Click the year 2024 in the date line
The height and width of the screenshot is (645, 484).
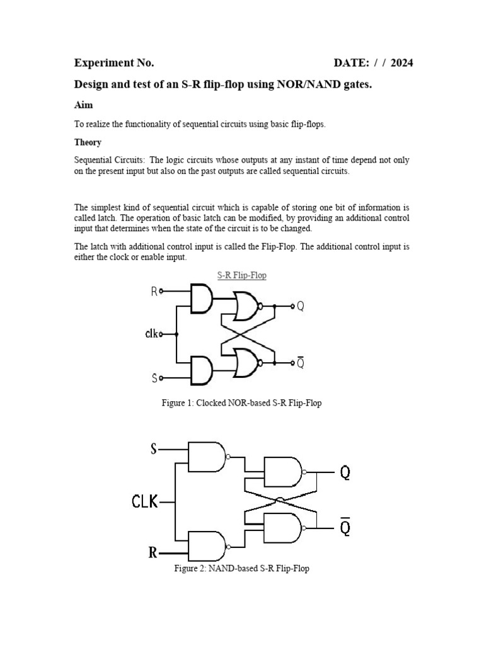[x=401, y=63]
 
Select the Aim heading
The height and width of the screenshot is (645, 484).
[x=83, y=105]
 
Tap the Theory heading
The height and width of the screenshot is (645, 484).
[x=88, y=142]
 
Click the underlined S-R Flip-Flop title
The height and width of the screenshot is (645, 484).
[x=241, y=276]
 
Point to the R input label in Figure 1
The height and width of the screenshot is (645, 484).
[x=154, y=291]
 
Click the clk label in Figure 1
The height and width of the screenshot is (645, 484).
[x=152, y=334]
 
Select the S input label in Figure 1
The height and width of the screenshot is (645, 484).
[x=154, y=378]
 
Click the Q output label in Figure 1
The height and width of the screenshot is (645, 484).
[x=301, y=306]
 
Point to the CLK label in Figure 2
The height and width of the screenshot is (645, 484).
[x=144, y=502]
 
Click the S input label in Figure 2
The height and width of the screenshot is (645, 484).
[x=153, y=449]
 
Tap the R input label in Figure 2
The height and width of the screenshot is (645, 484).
[x=153, y=553]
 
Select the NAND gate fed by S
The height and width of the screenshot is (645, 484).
[x=207, y=457]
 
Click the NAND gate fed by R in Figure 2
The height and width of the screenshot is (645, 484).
[x=207, y=546]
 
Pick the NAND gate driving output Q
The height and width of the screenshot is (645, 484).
[x=283, y=472]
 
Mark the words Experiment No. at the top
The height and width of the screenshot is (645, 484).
[x=114, y=63]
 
